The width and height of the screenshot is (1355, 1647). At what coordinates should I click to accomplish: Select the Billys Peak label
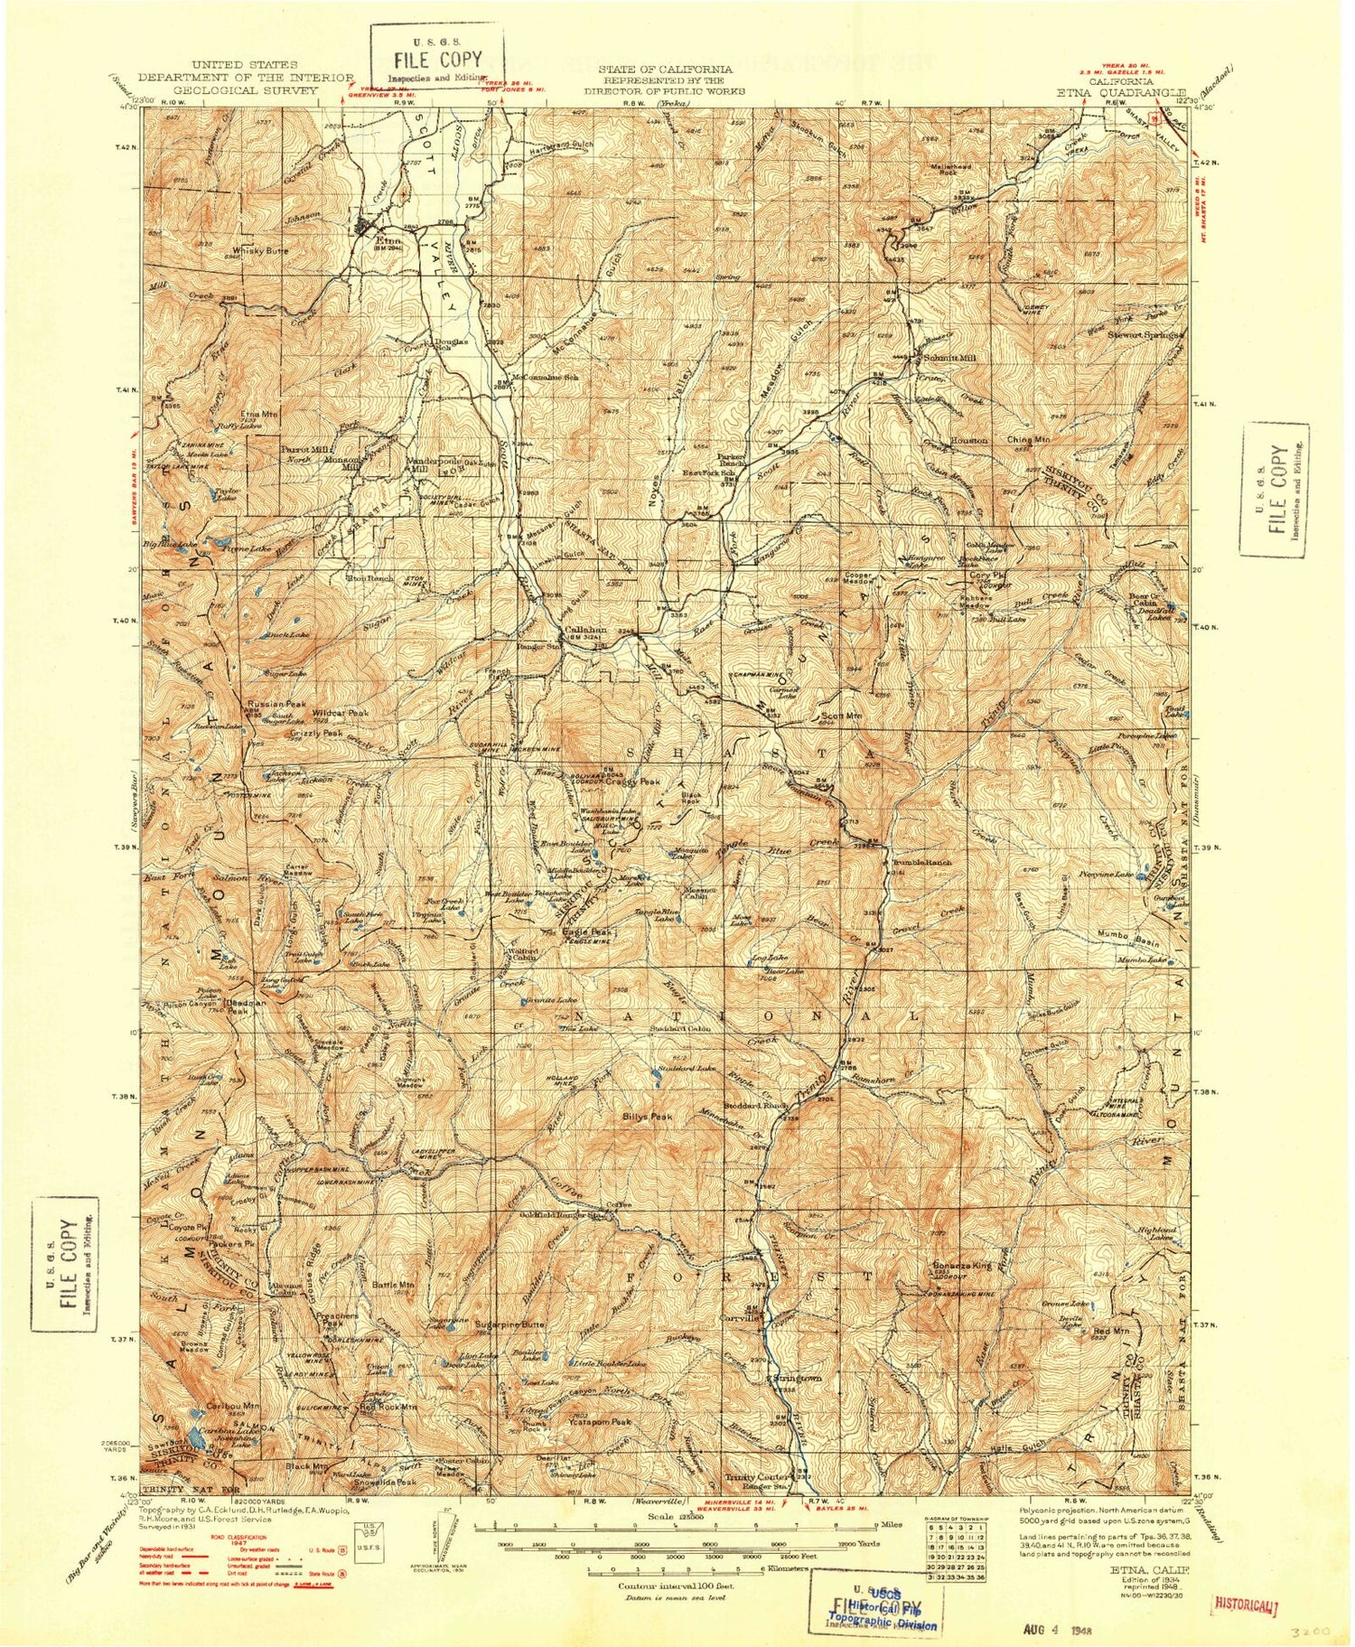(648, 1117)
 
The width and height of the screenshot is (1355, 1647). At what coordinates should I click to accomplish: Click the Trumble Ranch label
(921, 862)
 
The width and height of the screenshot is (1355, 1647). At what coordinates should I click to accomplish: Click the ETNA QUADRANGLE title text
(1128, 91)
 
